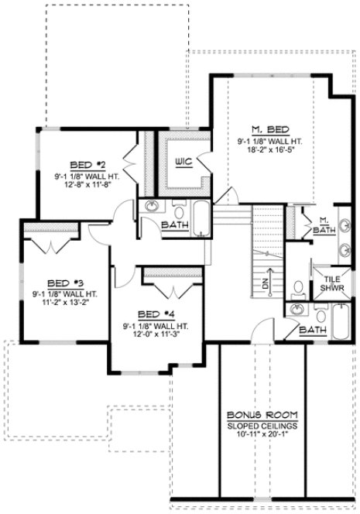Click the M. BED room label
269,128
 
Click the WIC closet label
183,162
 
